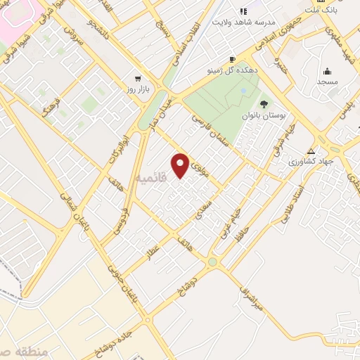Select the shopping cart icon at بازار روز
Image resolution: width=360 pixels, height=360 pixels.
(138, 79)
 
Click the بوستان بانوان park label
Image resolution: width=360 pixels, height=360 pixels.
(263, 115)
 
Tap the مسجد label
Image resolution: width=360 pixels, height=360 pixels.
(328, 82)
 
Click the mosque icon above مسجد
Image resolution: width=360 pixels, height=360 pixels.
(328, 71)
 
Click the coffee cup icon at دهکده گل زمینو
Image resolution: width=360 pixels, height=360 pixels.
(232, 60)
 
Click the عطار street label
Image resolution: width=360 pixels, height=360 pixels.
(153, 252)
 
